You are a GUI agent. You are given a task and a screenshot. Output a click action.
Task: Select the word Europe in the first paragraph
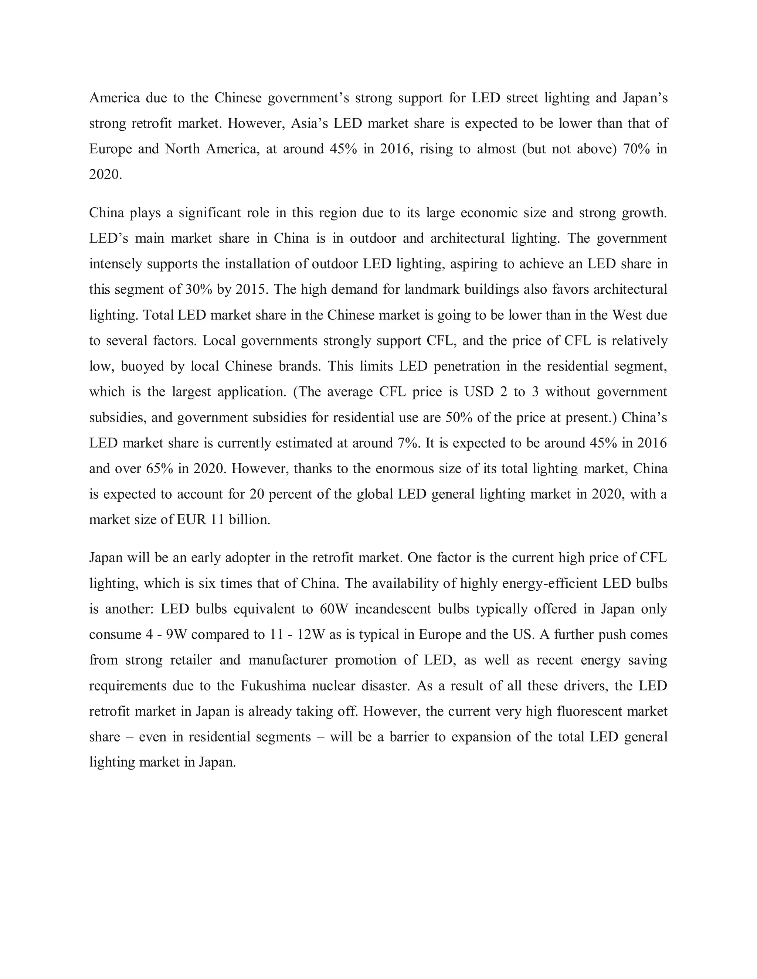coord(110,149)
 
